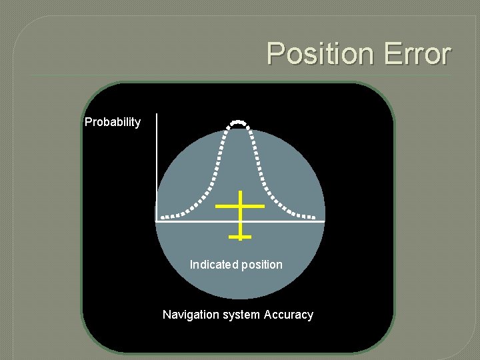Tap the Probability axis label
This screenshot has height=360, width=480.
click(113, 122)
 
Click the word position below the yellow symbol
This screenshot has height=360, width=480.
click(261, 265)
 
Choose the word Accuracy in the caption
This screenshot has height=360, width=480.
click(289, 315)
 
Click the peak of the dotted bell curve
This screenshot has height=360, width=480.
click(238, 122)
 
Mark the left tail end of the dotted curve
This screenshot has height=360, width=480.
click(163, 216)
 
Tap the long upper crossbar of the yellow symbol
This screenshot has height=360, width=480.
click(240, 206)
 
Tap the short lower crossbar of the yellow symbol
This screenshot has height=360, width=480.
click(239, 236)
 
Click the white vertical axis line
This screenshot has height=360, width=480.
click(157, 167)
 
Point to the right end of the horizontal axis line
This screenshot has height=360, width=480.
click(324, 221)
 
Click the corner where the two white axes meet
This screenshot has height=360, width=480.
click(157, 221)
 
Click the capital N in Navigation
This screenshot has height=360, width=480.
click(167, 315)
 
